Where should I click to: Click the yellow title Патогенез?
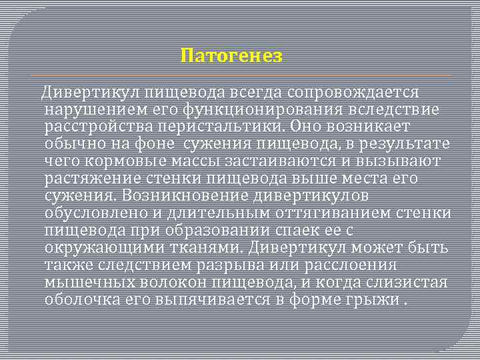click(x=232, y=55)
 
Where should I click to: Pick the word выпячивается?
click(x=212, y=299)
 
